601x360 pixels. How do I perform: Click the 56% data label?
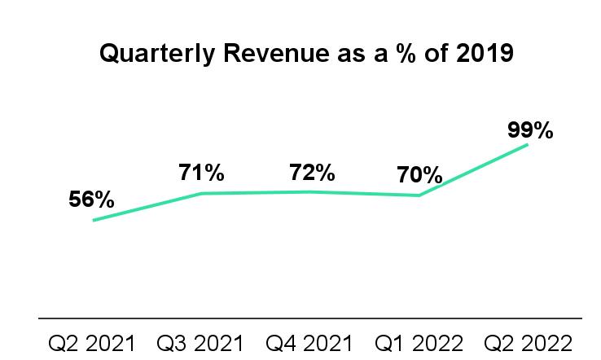(x=91, y=200)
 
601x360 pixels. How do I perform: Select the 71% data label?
(x=201, y=173)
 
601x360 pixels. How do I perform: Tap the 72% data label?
(x=312, y=173)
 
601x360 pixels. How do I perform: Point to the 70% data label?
(x=420, y=175)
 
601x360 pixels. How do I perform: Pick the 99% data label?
(x=530, y=130)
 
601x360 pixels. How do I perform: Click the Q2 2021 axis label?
(x=92, y=341)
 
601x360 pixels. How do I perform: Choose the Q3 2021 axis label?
(x=201, y=341)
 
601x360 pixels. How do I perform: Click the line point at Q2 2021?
(x=93, y=220)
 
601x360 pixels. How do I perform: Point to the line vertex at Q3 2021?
(x=201, y=193)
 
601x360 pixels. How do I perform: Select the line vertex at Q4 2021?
(x=311, y=191)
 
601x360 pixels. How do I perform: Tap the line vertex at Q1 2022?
(x=419, y=195)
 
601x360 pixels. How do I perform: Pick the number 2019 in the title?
(x=485, y=55)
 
